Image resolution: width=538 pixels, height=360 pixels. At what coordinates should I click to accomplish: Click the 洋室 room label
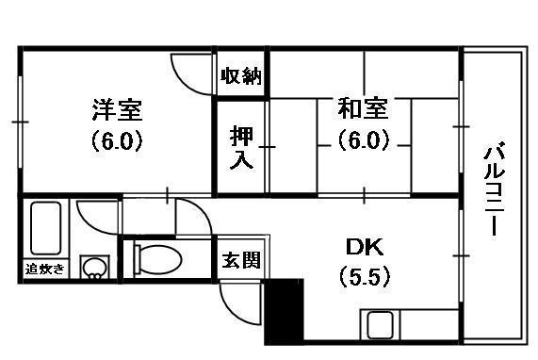[117, 110]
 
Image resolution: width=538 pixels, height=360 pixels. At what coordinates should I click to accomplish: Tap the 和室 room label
[364, 110]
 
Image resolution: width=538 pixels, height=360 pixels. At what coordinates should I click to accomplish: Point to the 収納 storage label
[241, 75]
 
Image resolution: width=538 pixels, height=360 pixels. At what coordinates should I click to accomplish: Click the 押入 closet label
[241, 148]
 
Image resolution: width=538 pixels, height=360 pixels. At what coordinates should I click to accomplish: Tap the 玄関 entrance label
[241, 257]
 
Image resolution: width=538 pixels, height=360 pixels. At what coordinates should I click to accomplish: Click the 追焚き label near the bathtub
[45, 270]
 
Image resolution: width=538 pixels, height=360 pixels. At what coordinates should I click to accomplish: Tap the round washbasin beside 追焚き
[94, 270]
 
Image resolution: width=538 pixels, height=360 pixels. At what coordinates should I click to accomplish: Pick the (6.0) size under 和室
[364, 141]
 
